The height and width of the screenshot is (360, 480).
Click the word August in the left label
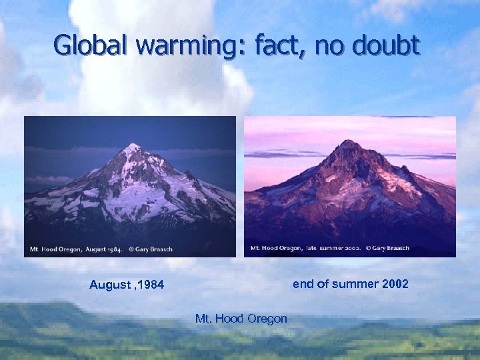(x=111, y=285)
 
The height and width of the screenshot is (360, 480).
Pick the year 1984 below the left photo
(x=151, y=285)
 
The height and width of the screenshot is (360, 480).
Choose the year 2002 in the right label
(x=396, y=284)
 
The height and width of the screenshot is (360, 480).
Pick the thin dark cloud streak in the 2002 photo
(x=280, y=154)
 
